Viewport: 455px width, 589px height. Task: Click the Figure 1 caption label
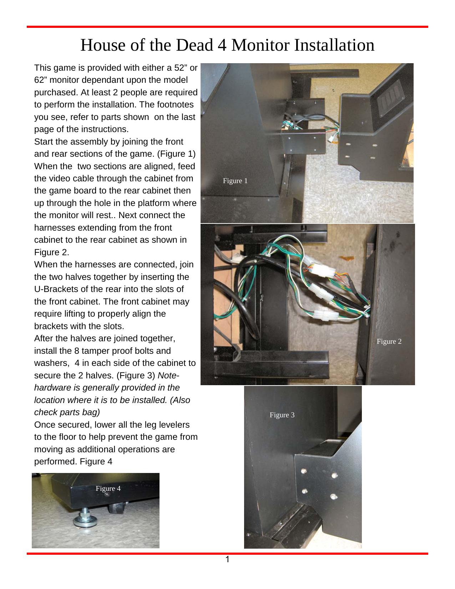(235, 181)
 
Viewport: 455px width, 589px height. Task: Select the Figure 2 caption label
(389, 342)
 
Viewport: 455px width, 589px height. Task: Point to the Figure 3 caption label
(282, 415)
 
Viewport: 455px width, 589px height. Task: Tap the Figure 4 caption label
(108, 489)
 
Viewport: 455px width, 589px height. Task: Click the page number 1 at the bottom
(227, 560)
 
